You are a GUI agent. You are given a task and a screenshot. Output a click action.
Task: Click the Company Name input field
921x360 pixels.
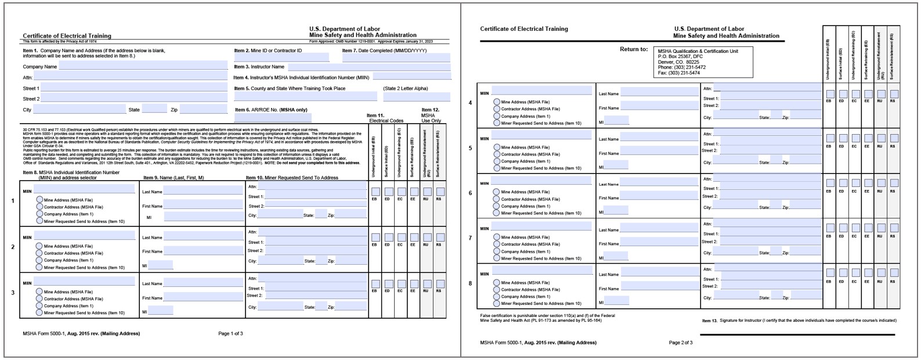pyautogui.click(x=143, y=67)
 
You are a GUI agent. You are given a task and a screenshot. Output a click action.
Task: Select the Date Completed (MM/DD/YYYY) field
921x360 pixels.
pyautogui.click(x=396, y=57)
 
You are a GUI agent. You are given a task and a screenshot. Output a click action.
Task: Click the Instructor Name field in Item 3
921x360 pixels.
pyautogui.click(x=369, y=67)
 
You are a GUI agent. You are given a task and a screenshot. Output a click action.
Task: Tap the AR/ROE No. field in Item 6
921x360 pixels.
pyautogui.click(x=273, y=118)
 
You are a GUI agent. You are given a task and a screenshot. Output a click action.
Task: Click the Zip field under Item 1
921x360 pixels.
pyautogui.click(x=203, y=109)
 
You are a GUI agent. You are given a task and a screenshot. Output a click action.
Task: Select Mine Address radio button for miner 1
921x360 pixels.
pyautogui.click(x=39, y=200)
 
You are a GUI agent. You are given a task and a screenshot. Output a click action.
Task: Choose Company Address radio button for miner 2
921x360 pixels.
pyautogui.click(x=39, y=260)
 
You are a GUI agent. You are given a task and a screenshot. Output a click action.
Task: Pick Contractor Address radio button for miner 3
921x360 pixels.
pyautogui.click(x=39, y=298)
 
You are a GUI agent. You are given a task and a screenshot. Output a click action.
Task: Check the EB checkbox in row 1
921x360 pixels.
pyautogui.click(x=375, y=192)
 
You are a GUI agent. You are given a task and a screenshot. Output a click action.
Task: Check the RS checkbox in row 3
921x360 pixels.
pyautogui.click(x=440, y=283)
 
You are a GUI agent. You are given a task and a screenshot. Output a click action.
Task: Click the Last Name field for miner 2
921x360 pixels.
pyautogui.click(x=203, y=237)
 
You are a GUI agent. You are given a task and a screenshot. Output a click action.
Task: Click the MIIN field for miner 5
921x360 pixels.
pyautogui.click(x=541, y=135)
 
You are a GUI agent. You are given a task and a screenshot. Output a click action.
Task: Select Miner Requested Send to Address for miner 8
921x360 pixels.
pyautogui.click(x=497, y=303)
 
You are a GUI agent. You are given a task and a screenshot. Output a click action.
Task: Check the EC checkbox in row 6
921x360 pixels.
pyautogui.click(x=855, y=183)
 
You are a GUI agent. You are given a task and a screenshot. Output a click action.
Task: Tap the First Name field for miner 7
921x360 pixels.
pyautogui.click(x=659, y=243)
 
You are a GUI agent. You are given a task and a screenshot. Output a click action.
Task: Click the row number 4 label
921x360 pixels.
pyautogui.click(x=470, y=103)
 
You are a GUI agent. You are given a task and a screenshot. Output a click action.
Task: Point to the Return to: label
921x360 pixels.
pyautogui.click(x=634, y=49)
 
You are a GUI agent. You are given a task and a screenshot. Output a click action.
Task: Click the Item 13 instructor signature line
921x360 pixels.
pyautogui.click(x=797, y=334)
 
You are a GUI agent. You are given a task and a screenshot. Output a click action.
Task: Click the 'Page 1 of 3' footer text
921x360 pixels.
pyautogui.click(x=230, y=334)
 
